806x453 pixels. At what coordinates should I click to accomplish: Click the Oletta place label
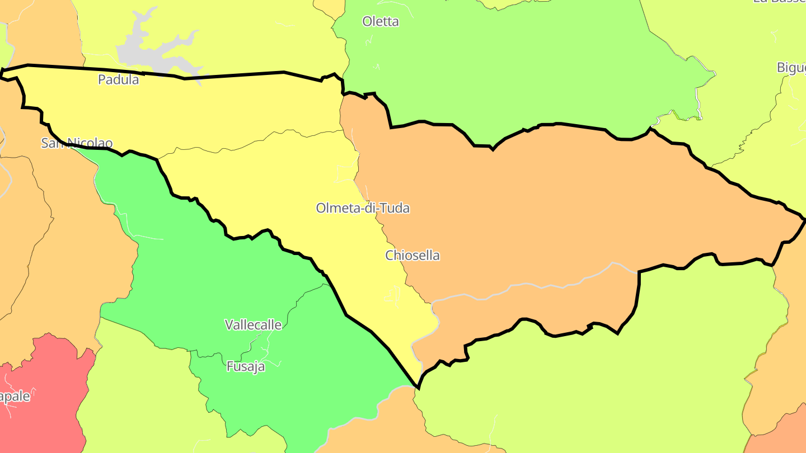pyautogui.click(x=381, y=22)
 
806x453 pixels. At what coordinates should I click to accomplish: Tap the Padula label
pyautogui.click(x=118, y=79)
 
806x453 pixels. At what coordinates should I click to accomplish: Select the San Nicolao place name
pyautogui.click(x=77, y=143)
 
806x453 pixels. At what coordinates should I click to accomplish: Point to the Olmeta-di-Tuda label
pyautogui.click(x=363, y=208)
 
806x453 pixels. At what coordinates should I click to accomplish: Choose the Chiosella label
pyautogui.click(x=413, y=256)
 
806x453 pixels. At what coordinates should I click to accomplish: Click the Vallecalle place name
pyautogui.click(x=253, y=324)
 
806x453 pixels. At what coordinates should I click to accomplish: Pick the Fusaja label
pyautogui.click(x=246, y=367)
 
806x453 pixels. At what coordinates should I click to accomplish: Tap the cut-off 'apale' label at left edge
pyautogui.click(x=15, y=397)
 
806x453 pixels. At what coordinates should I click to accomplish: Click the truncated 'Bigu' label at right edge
pyautogui.click(x=791, y=68)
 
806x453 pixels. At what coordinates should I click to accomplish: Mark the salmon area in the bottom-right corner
pyautogui.click(x=781, y=436)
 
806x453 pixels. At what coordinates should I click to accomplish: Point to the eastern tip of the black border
pyautogui.click(x=804, y=219)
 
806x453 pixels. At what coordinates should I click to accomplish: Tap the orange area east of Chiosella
pyautogui.click(x=560, y=207)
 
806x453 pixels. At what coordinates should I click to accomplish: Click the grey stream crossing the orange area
pyautogui.click(x=537, y=286)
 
